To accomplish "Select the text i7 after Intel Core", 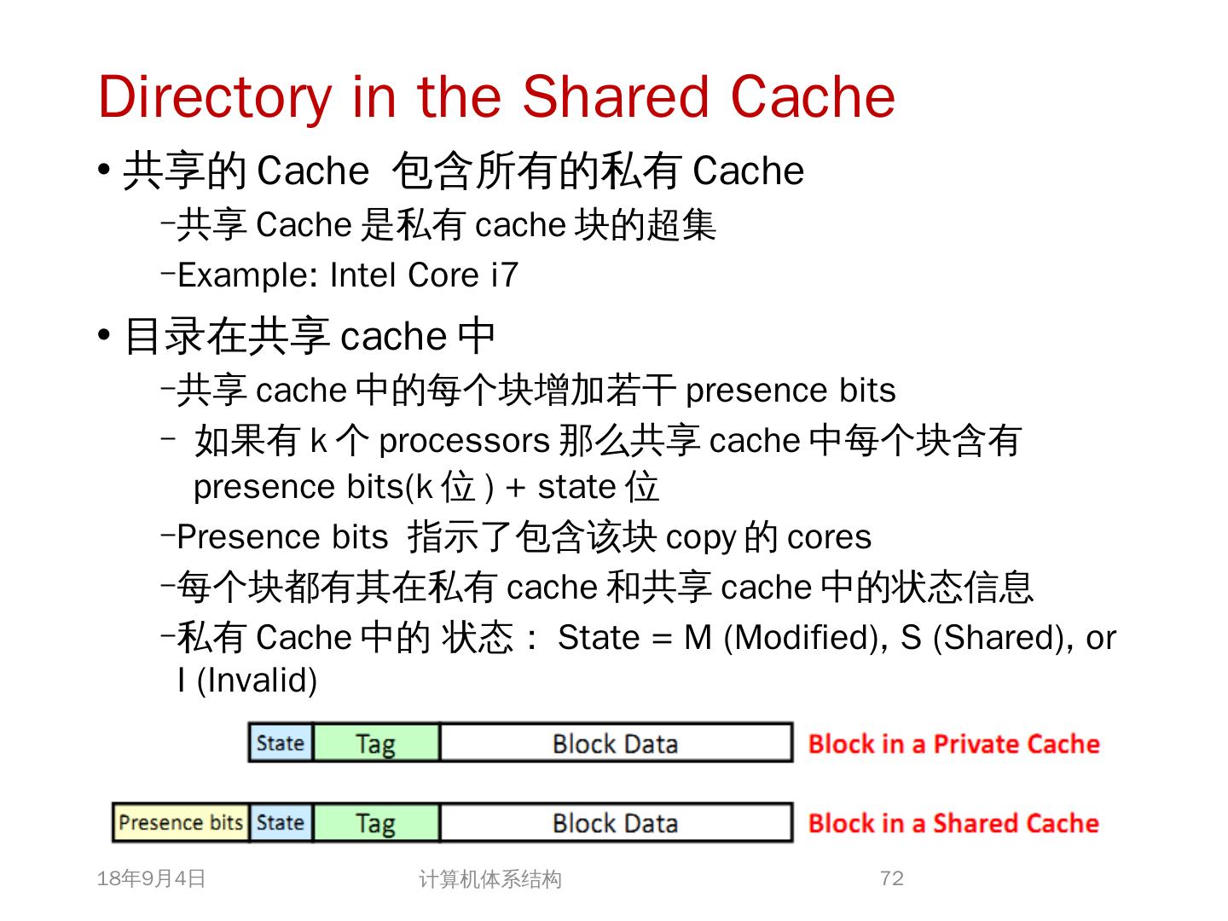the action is point(504,275).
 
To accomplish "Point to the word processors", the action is point(463,441).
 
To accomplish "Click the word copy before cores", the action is point(700,537).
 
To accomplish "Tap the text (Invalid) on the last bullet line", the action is point(257,681).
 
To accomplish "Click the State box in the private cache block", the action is point(281,743).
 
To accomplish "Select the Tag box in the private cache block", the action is point(375,743).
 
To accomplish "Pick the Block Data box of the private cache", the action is point(615,743).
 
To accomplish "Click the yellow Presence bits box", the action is point(181,823).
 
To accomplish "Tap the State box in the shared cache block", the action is point(281,823).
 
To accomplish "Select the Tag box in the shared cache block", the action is point(375,823).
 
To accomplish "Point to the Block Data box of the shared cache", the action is point(615,823).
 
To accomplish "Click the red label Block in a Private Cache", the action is point(953,744).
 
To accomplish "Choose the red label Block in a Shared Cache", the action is point(953,823).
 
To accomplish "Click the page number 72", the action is point(891,878).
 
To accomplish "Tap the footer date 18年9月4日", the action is point(152,878).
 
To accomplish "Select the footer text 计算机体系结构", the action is point(489,879).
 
